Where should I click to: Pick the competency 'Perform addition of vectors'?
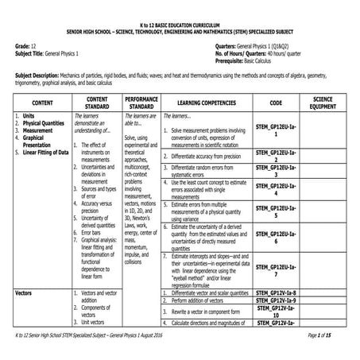(203, 301)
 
